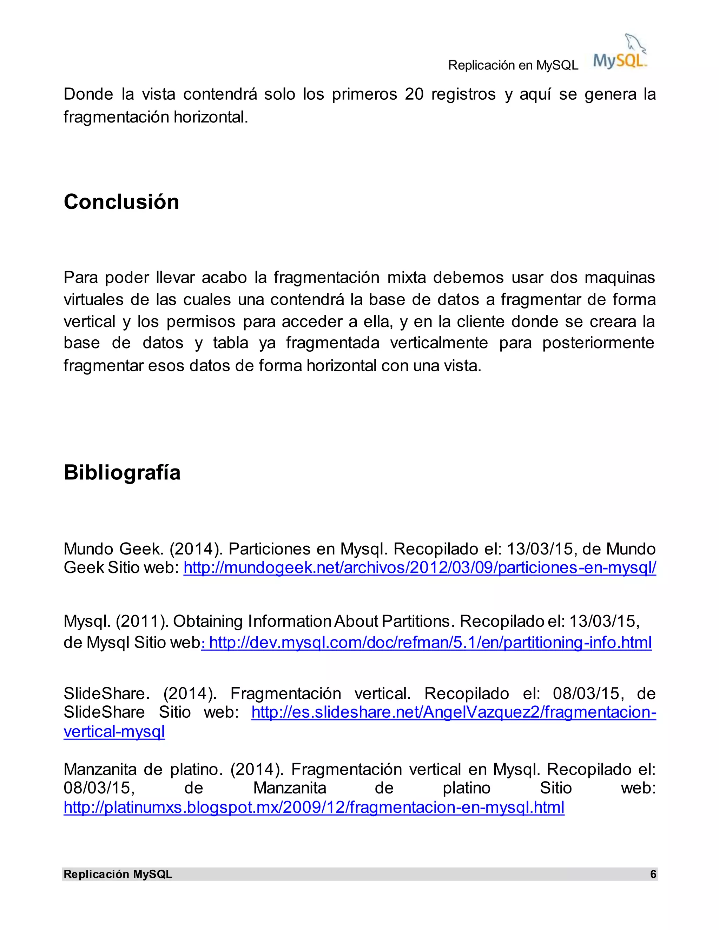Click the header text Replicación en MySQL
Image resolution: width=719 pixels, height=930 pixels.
[513, 65]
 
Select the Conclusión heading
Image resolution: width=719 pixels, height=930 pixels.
[121, 202]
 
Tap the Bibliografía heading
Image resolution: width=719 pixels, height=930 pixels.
[122, 472]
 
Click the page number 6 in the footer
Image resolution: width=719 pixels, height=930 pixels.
[653, 874]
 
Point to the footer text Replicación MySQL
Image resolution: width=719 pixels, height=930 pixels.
[118, 874]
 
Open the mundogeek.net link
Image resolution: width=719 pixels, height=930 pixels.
[420, 567]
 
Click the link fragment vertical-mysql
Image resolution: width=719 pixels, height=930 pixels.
[114, 732]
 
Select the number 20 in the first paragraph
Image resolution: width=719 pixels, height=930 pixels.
[414, 94]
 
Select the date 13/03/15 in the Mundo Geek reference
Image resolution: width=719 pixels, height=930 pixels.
[540, 549]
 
